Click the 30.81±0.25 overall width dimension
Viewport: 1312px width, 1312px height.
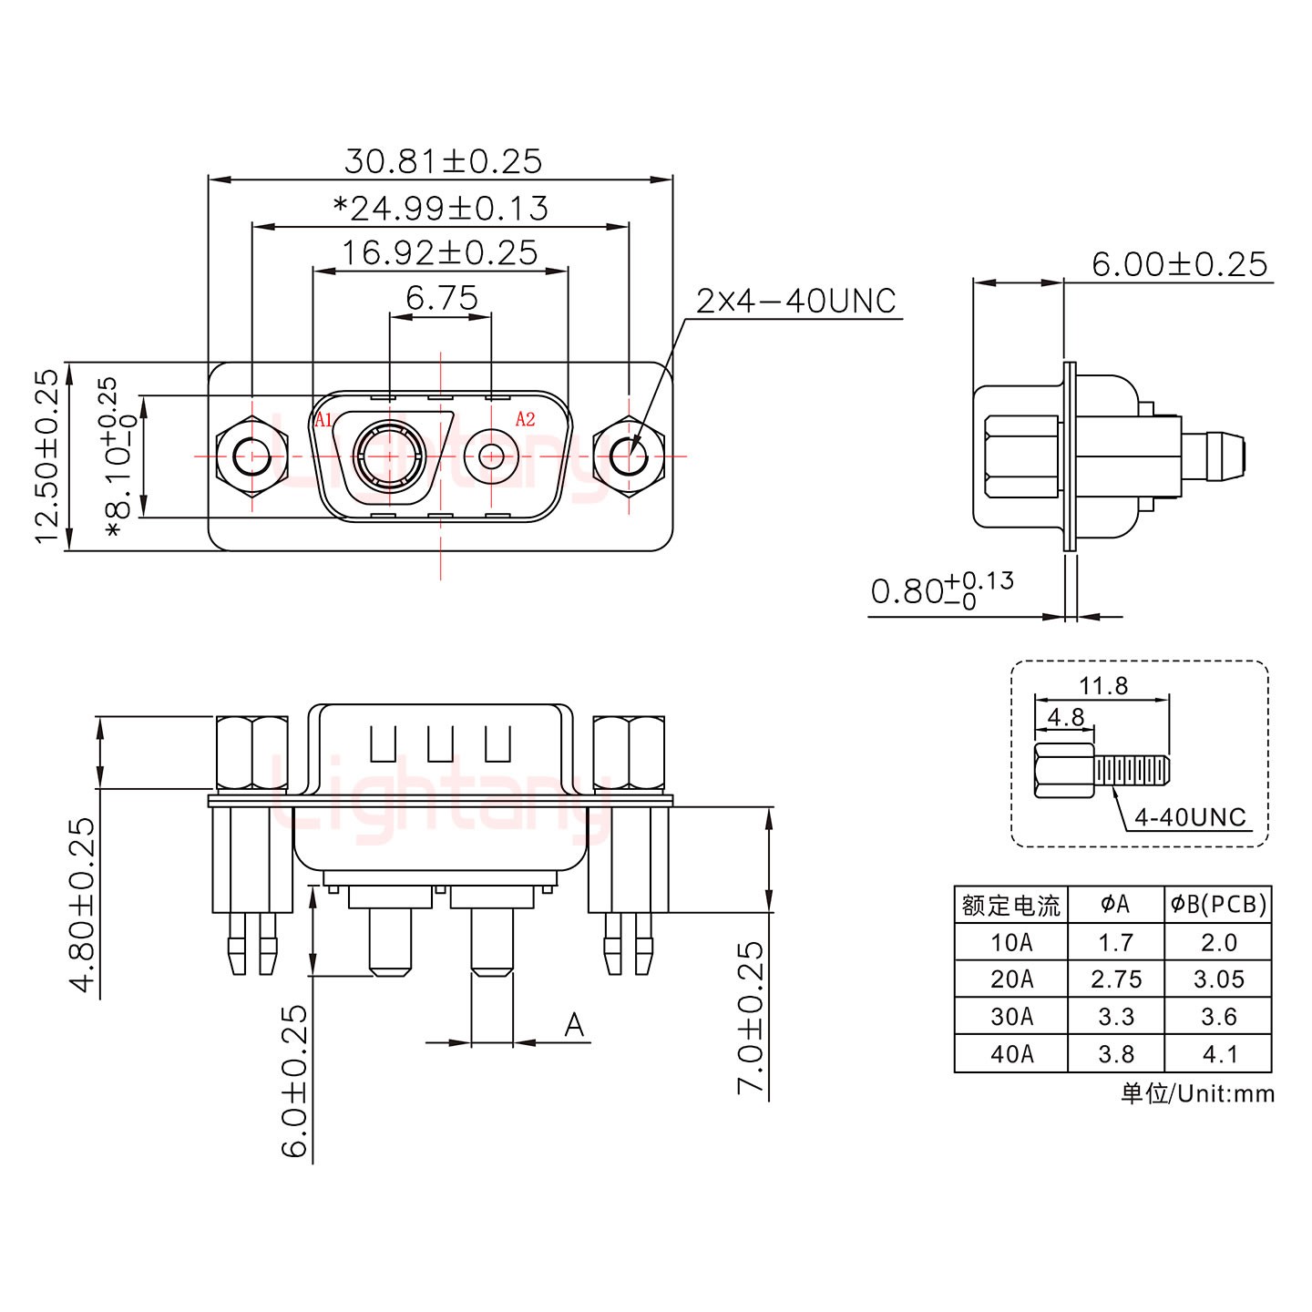(443, 161)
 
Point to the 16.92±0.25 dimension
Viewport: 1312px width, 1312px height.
(439, 252)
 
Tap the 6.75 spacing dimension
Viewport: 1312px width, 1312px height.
(442, 298)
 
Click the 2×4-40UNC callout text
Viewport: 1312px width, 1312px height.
(796, 301)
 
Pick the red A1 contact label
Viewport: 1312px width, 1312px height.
(323, 420)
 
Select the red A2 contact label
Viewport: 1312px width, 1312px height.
(525, 419)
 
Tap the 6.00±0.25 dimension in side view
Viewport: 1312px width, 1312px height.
(1179, 264)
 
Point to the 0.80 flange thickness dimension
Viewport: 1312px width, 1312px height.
(941, 590)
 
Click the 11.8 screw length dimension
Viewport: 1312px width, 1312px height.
(1103, 685)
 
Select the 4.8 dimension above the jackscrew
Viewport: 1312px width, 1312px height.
(1065, 717)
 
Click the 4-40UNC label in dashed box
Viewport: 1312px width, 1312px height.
(1190, 817)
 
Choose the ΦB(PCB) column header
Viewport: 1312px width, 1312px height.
(1218, 904)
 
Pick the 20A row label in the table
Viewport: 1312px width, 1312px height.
(1011, 979)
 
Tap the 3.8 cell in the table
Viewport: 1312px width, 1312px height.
(1116, 1054)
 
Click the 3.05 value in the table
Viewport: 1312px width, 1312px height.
(1218, 979)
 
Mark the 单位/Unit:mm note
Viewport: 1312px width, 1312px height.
(1196, 1093)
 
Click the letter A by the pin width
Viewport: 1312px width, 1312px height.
(574, 1025)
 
